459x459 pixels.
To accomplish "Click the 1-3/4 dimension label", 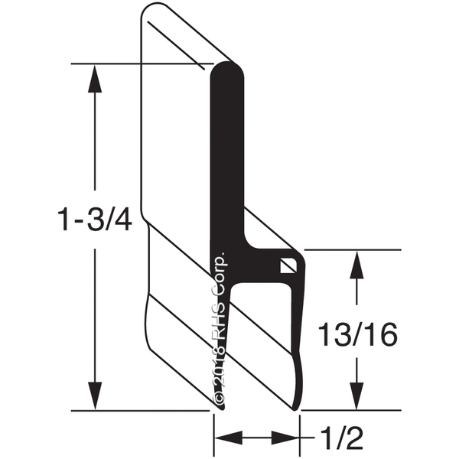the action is [x=94, y=219].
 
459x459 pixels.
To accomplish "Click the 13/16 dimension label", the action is [x=357, y=334].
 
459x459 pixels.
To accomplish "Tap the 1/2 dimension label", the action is [x=342, y=438].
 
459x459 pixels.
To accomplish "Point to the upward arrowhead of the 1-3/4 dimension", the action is [x=95, y=79].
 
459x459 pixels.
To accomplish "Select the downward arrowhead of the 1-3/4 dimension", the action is [x=95, y=396].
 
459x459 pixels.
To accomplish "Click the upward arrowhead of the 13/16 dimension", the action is [x=356, y=265].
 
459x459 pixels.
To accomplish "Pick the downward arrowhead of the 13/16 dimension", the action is [x=356, y=396].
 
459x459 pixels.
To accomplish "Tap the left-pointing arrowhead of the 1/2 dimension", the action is [x=229, y=438].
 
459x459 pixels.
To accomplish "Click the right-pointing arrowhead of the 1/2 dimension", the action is [x=285, y=438].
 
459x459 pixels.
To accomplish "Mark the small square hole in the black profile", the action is [x=288, y=265].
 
